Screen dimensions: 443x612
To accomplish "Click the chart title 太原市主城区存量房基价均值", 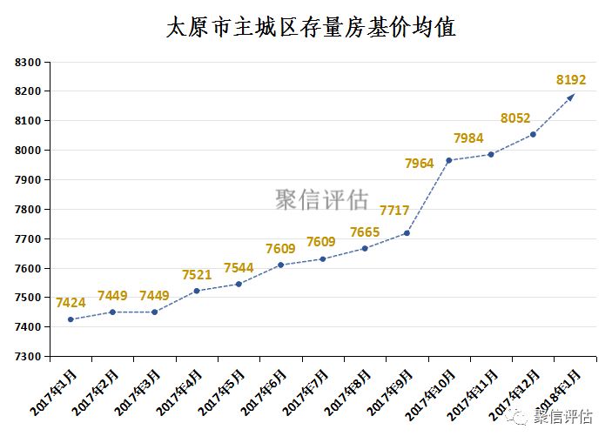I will click(311, 28).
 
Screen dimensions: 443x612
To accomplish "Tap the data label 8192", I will click(571, 80).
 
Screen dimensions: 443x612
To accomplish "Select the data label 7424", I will click(71, 303).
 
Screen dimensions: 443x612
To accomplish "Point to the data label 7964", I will click(419, 163).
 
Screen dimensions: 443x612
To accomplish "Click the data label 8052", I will click(515, 118).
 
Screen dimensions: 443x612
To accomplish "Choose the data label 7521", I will click(197, 275).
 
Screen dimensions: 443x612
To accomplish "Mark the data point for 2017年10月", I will click(449, 160).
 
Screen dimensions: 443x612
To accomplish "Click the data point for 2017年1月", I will click(71, 319).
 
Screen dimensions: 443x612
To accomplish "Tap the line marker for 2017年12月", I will click(533, 134).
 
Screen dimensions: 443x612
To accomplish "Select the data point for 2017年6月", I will click(280, 265).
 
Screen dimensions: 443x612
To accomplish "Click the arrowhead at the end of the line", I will click(572, 96).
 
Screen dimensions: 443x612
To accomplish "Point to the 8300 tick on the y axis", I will click(28, 62).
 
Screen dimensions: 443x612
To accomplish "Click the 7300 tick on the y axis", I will click(28, 356).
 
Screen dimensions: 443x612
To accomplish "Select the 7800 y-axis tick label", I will click(28, 209).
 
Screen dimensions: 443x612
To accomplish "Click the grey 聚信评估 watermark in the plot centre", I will click(322, 200).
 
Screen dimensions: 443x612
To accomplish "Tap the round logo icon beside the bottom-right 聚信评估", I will click(519, 417).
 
